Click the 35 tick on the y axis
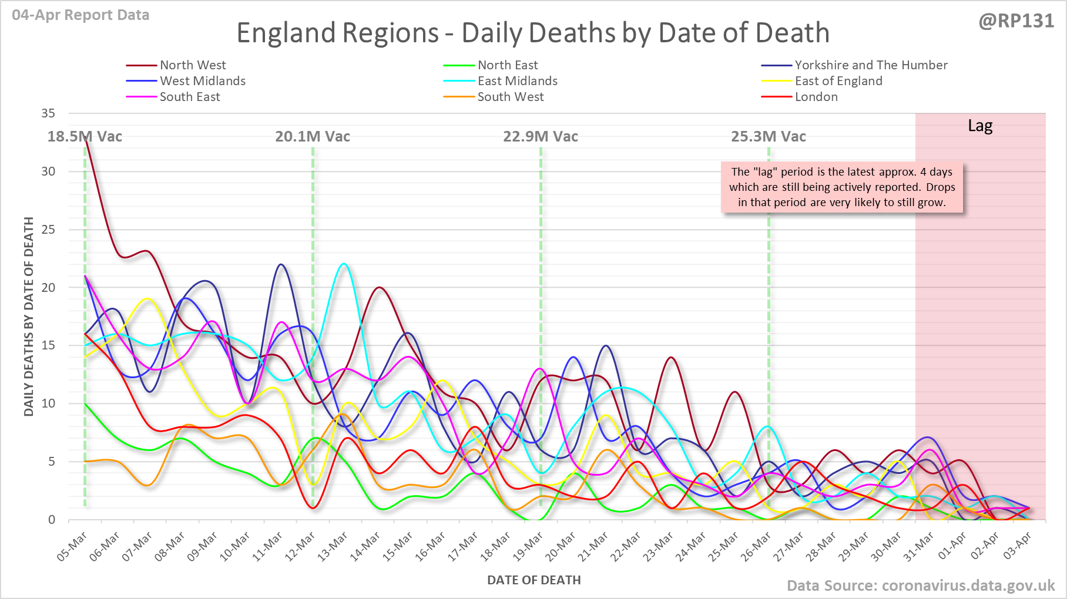pyautogui.click(x=48, y=113)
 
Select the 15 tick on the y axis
pyautogui.click(x=48, y=345)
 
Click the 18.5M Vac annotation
pyautogui.click(x=85, y=137)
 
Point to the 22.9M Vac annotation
pyautogui.click(x=541, y=137)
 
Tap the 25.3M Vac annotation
pyautogui.click(x=769, y=137)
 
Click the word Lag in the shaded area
pyautogui.click(x=980, y=126)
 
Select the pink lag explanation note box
pyautogui.click(x=842, y=187)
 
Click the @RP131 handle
pyautogui.click(x=1016, y=21)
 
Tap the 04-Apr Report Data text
pyautogui.click(x=80, y=15)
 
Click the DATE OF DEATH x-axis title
pyautogui.click(x=533, y=580)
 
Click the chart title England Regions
pyautogui.click(x=532, y=33)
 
